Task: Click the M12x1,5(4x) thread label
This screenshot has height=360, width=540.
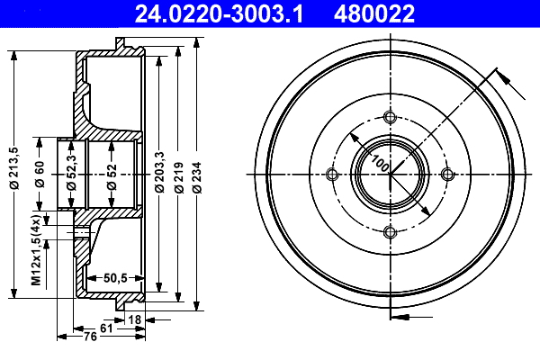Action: tap(36, 250)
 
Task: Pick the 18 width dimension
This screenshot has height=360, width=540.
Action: tap(135, 319)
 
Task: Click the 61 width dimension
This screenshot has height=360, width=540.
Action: tap(106, 329)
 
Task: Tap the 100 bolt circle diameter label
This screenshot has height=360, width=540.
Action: tap(379, 165)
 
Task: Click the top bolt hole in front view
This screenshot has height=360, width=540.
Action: tap(390, 116)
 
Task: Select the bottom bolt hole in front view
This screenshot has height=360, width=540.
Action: tap(390, 232)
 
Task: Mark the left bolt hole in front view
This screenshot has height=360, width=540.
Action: tap(332, 175)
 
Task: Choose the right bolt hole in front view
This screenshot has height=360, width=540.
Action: tap(447, 175)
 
